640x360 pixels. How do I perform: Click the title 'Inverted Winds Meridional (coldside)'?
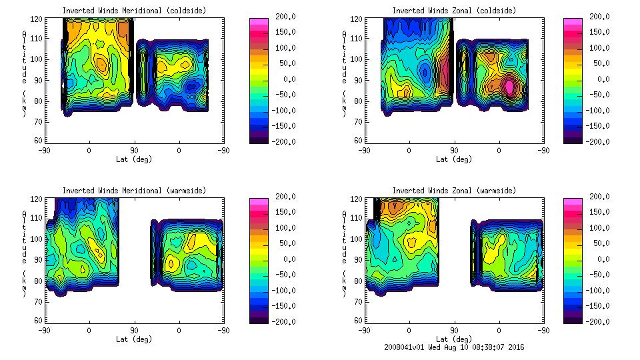134,11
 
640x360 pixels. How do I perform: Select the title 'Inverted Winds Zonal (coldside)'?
454,11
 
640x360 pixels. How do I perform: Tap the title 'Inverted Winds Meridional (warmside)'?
134,191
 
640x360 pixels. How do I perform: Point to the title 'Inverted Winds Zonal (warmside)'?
454,191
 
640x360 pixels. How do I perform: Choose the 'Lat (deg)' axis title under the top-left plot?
134,159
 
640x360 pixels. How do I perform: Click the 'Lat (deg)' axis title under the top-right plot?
454,159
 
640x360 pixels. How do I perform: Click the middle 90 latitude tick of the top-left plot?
134,151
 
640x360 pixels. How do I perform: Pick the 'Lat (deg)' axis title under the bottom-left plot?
134,339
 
